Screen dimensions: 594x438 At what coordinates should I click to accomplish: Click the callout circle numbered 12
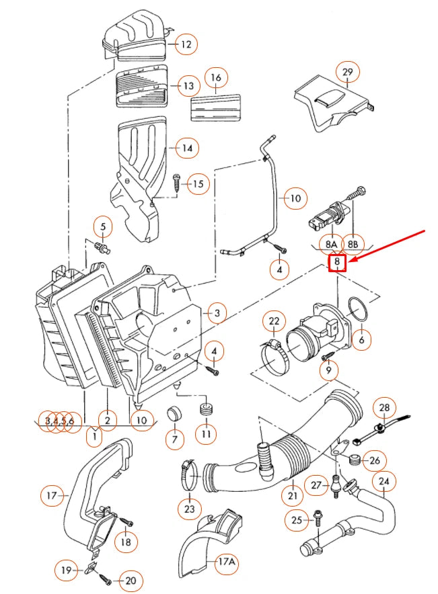(185, 45)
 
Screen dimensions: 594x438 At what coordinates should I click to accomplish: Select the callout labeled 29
(347, 72)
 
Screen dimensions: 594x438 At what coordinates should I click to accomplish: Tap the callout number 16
(215, 79)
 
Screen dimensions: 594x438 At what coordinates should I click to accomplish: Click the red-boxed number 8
(336, 263)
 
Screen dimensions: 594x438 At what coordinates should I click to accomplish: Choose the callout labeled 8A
(330, 243)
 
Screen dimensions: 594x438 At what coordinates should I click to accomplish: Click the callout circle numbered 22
(274, 323)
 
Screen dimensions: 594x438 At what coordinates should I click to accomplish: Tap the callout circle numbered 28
(384, 408)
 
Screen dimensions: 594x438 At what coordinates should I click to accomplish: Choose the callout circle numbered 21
(293, 496)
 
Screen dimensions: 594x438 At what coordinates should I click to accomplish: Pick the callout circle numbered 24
(384, 482)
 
